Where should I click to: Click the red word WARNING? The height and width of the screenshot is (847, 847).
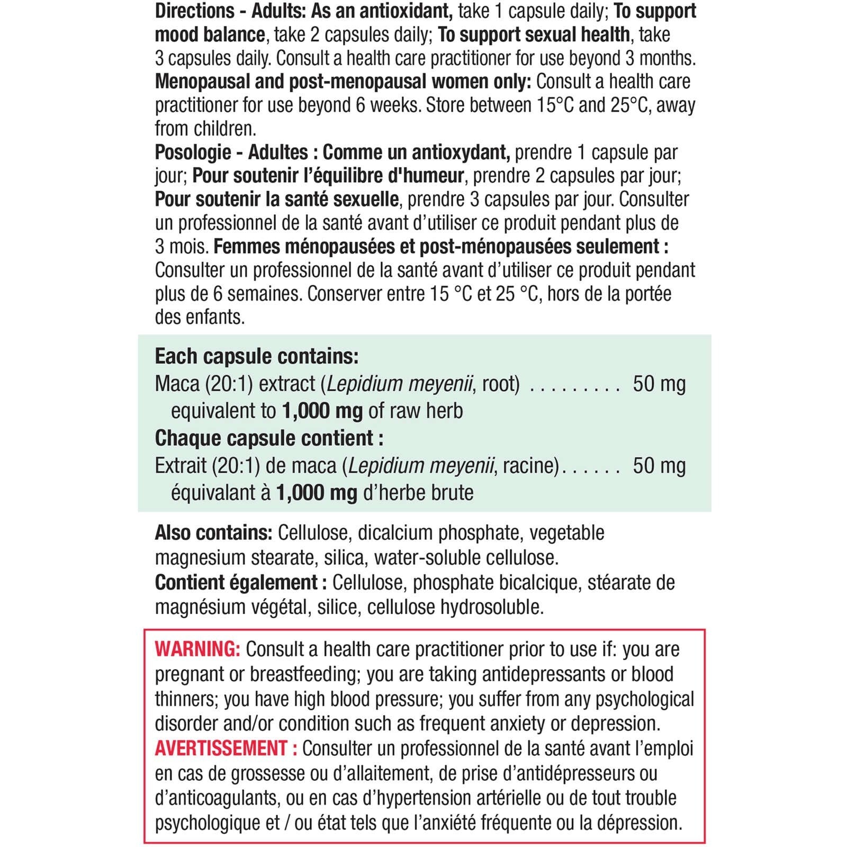click(x=197, y=649)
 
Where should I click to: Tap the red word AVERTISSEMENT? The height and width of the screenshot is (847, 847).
click(x=221, y=749)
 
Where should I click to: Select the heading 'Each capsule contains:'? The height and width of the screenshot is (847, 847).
click(x=257, y=357)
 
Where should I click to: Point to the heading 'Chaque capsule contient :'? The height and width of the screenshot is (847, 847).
click(x=269, y=438)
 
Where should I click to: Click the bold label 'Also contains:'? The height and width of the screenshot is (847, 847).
click(x=213, y=533)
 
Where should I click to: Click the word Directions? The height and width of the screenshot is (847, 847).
click(x=194, y=11)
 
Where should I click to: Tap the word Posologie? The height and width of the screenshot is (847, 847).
click(x=193, y=152)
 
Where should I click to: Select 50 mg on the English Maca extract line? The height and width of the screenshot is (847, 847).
click(x=659, y=384)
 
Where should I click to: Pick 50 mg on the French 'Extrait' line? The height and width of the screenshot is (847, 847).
click(x=659, y=466)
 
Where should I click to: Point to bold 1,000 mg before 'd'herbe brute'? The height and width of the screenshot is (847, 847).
click(x=317, y=493)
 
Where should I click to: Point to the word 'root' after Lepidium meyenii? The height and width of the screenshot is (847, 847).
click(x=499, y=384)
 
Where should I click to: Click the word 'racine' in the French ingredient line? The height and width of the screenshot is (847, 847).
click(x=530, y=466)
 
